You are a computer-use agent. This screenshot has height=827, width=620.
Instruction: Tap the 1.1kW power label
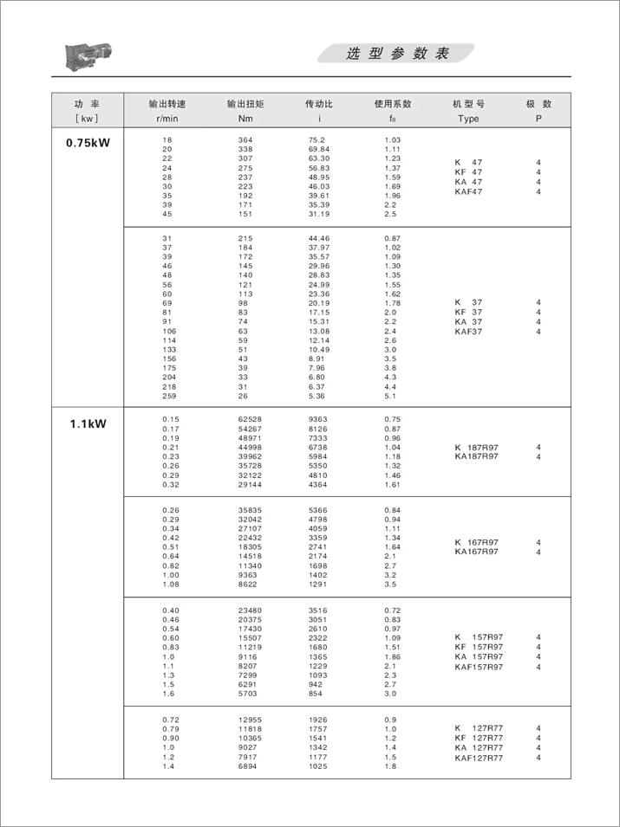point(88,424)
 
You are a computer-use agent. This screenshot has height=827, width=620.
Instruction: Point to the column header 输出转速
point(167,104)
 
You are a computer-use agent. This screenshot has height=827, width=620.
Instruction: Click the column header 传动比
point(318,104)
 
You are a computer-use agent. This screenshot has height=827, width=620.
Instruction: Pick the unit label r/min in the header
point(167,119)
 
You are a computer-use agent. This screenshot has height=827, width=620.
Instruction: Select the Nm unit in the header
point(245,119)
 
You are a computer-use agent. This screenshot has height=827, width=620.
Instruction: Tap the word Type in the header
point(468,119)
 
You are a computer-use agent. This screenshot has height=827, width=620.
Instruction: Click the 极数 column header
point(538,104)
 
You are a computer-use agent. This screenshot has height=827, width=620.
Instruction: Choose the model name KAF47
point(468,191)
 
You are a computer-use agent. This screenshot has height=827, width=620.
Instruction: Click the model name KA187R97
point(476,456)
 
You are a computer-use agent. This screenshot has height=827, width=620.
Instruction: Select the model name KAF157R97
point(479,667)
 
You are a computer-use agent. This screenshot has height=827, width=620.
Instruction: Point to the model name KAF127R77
point(479,758)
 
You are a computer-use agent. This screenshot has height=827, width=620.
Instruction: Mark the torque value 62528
point(251,419)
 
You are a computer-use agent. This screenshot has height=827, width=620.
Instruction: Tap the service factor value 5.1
point(390,397)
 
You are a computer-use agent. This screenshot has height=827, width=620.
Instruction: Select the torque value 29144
point(251,484)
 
